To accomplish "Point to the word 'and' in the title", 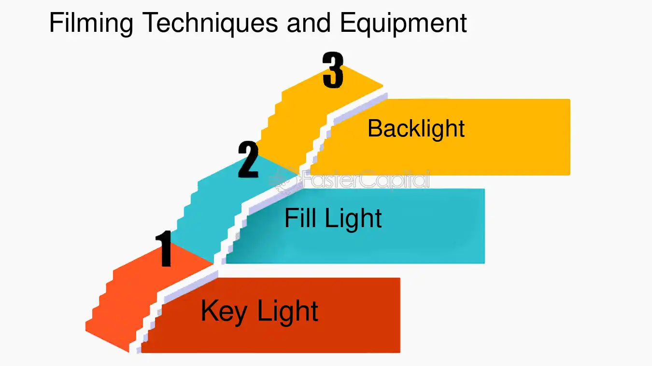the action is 309,23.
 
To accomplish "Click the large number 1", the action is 164,248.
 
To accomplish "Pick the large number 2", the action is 248,159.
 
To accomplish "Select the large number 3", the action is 333,70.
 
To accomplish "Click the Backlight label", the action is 416,129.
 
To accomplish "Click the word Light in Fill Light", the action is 353,219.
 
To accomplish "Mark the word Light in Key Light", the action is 287,312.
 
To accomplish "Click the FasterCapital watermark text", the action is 366,179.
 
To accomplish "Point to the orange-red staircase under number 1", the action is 122,308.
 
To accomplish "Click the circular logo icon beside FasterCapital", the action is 284,180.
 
